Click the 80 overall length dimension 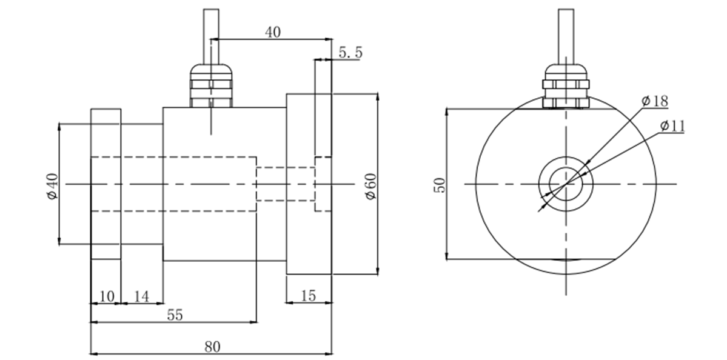[212, 347]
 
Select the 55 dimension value [175, 315]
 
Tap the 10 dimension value [106, 296]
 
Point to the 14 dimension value [141, 296]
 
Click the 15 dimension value [308, 296]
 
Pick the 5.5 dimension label [350, 53]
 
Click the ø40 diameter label [52, 185]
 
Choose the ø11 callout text [671, 126]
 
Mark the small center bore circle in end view [565, 183]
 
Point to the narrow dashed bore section [285, 183]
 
